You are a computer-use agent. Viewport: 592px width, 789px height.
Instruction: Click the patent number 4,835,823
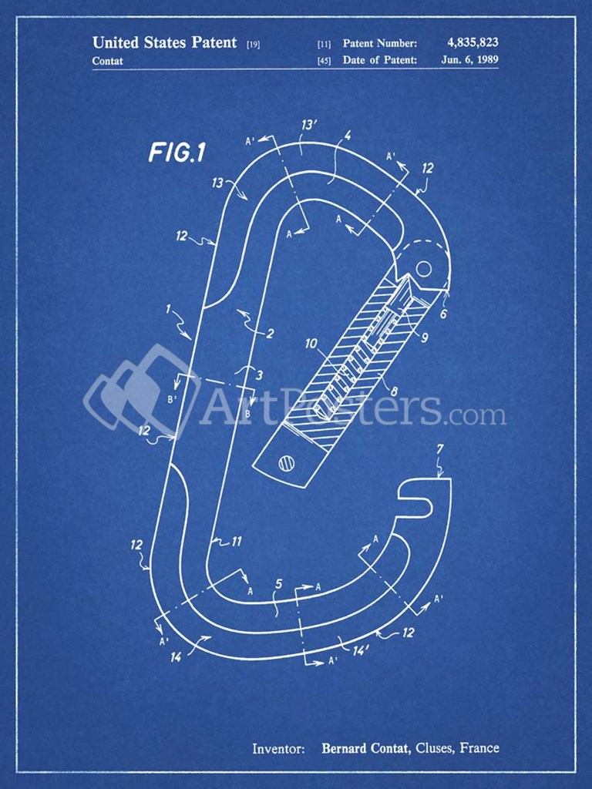473,43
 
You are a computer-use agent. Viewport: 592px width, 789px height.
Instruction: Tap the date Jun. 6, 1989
469,59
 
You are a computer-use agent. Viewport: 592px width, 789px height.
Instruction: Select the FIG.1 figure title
177,153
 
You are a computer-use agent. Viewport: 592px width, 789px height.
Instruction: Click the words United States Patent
164,42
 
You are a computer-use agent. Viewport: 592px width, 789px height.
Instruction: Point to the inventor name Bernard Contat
365,748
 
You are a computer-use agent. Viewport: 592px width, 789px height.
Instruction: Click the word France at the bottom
479,747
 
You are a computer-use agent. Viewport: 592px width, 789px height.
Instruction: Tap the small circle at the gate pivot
424,269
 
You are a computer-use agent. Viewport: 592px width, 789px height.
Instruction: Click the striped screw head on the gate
287,462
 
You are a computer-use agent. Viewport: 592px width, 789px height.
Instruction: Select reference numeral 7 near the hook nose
440,449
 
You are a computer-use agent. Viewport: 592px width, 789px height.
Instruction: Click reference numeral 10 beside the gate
311,344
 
